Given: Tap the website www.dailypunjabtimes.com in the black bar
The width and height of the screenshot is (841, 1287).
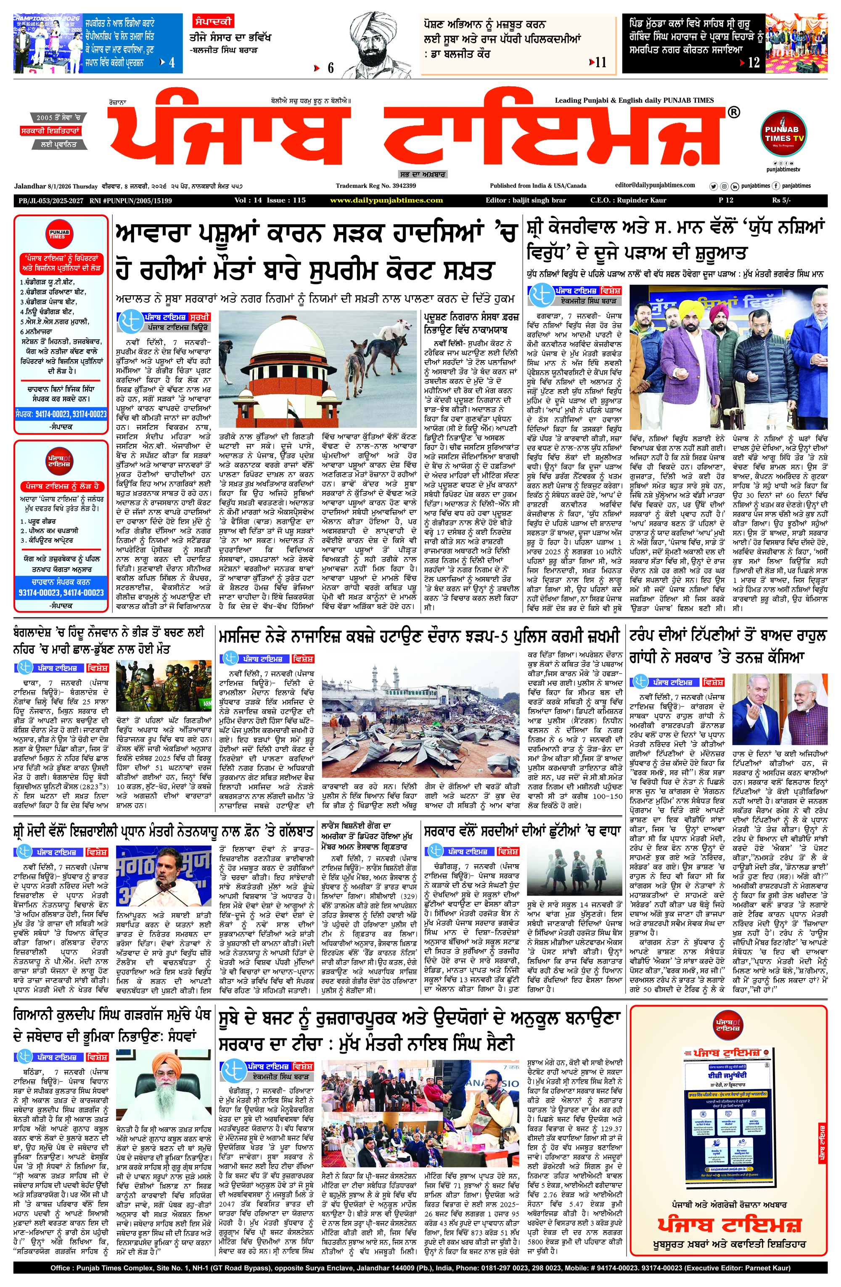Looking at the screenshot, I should [x=386, y=200].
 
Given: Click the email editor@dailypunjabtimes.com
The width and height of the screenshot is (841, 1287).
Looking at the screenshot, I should [x=655, y=185].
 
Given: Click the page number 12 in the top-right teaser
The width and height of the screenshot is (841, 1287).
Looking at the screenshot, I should [x=754, y=63].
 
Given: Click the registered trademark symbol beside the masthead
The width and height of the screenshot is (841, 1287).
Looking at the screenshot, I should [x=733, y=112].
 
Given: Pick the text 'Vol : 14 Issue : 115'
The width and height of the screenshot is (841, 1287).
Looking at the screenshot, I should [x=270, y=200].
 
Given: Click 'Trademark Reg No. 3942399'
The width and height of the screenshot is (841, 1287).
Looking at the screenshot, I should [x=376, y=186].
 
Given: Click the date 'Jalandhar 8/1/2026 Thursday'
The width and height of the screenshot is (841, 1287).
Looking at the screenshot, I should [x=56, y=186].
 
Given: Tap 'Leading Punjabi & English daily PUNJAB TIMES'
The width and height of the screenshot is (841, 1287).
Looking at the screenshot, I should [x=634, y=100].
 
